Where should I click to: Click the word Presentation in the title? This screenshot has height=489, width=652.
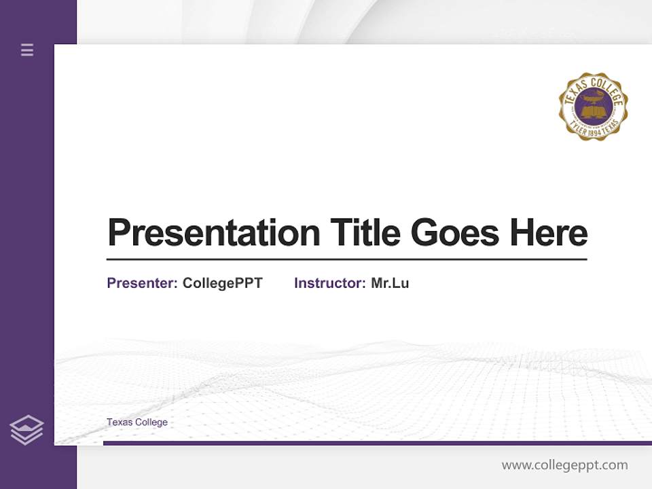[213, 233]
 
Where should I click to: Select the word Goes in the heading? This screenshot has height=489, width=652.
[456, 233]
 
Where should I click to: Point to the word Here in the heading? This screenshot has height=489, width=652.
[549, 233]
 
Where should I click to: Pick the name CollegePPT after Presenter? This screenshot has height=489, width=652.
[222, 283]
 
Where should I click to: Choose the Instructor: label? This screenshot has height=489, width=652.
[330, 283]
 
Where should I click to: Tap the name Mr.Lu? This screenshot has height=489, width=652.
[390, 283]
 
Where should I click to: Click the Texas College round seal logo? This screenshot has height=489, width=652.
[593, 106]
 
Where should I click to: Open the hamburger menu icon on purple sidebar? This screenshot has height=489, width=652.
[27, 50]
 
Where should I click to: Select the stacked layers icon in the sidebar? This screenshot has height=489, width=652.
[26, 430]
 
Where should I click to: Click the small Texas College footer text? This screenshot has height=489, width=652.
[137, 422]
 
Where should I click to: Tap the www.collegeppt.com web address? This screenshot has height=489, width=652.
[564, 465]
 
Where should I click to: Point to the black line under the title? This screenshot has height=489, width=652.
[346, 259]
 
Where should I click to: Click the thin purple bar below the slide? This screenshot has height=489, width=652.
[377, 443]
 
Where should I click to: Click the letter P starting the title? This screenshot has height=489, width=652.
[119, 233]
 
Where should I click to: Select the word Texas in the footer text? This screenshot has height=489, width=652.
[120, 422]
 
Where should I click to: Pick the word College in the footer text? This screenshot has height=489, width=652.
[151, 422]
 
